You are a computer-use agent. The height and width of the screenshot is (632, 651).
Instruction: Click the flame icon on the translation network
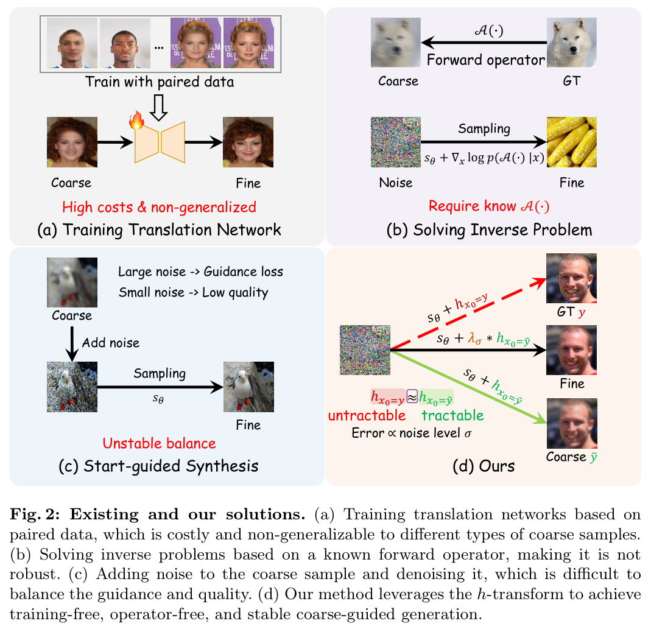tap(136, 120)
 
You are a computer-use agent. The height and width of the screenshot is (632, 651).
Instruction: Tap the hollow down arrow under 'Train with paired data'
tap(158, 108)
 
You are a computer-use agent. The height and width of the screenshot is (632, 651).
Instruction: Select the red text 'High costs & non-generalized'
tap(159, 206)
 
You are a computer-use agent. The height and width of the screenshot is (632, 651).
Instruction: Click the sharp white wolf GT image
tap(572, 43)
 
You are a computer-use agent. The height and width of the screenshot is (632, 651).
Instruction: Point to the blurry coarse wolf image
tap(396, 43)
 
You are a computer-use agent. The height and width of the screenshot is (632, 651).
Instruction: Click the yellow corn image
tap(572, 142)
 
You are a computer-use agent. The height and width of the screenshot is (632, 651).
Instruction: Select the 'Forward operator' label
tap(486, 60)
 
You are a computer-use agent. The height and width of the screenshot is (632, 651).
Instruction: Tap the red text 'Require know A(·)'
tap(488, 206)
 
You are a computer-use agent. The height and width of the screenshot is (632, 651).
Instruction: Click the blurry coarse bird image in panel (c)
tap(72, 283)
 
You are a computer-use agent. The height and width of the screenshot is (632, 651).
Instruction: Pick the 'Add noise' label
tap(111, 343)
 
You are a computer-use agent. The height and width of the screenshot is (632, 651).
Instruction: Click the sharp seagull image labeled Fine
tap(248, 387)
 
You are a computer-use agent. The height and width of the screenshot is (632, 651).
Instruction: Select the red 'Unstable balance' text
tap(160, 443)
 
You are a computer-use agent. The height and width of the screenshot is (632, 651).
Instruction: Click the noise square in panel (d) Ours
tap(365, 350)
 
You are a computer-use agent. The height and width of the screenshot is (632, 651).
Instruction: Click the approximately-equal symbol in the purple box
tap(412, 397)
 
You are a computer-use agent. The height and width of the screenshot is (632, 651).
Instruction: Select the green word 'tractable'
tap(452, 415)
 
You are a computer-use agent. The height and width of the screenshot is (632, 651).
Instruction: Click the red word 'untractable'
tap(367, 415)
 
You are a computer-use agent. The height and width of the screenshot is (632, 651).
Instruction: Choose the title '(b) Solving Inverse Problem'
tap(489, 230)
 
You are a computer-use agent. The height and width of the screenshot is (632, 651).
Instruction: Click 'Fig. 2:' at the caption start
tap(35, 514)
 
